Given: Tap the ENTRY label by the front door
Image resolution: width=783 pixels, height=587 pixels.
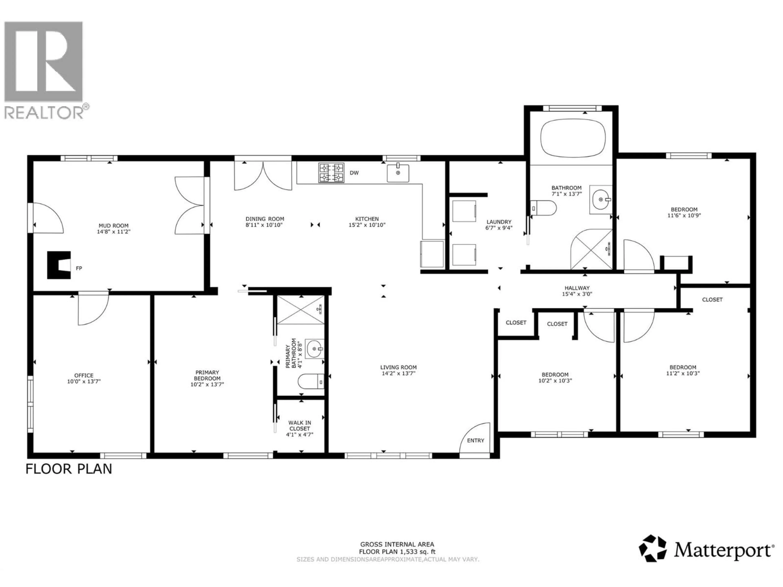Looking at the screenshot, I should [x=475, y=440].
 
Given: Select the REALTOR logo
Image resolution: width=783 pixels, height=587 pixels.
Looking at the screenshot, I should [x=44, y=69].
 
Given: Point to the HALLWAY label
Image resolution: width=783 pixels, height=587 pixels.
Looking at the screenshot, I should [x=577, y=288].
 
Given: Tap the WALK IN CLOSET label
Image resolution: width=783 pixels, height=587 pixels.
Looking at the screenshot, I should [x=300, y=425].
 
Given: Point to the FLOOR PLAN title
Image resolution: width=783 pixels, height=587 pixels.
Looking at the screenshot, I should [x=69, y=469].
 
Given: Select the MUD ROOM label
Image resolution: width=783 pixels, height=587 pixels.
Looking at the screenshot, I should [x=113, y=225].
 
